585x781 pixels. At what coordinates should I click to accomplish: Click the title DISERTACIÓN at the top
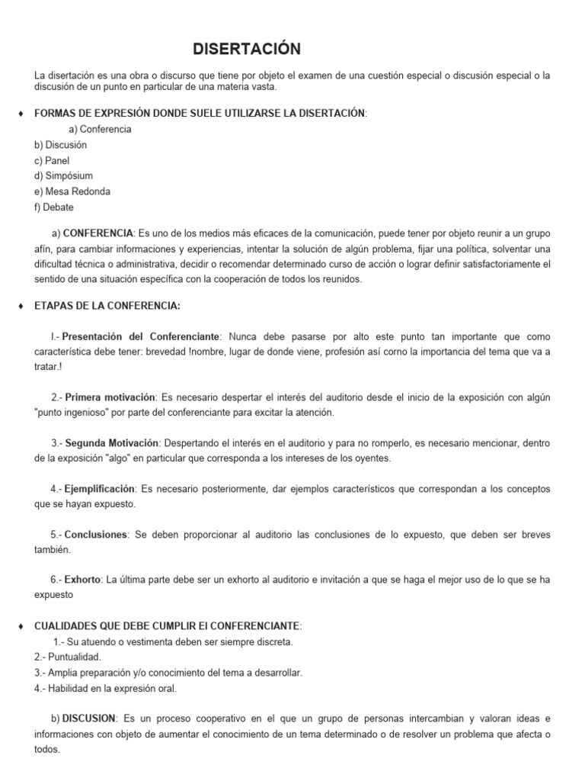[246, 50]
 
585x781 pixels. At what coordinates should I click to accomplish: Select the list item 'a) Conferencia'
[100, 129]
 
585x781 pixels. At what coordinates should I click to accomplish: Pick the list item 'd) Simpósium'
[63, 176]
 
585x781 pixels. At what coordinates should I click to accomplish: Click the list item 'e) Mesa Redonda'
[72, 191]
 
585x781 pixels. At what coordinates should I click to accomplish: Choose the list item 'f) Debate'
[54, 207]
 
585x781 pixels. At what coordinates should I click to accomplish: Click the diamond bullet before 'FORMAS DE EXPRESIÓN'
[20, 114]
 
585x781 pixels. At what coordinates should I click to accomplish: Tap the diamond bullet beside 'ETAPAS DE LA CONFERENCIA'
[20, 306]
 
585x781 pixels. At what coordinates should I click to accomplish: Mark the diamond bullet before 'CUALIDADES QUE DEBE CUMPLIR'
[20, 626]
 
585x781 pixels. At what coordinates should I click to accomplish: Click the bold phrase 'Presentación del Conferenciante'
[141, 336]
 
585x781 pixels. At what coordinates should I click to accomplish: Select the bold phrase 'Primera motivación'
[110, 397]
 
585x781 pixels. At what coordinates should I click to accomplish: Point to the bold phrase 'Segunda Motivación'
[111, 443]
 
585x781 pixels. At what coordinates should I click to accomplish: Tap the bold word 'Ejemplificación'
[100, 488]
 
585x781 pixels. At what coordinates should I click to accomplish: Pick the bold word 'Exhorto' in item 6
[82, 580]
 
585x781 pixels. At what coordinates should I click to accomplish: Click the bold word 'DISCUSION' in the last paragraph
[89, 718]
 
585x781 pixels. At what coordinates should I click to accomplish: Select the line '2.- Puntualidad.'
[67, 657]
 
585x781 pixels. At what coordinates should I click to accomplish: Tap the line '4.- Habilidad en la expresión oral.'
[105, 688]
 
